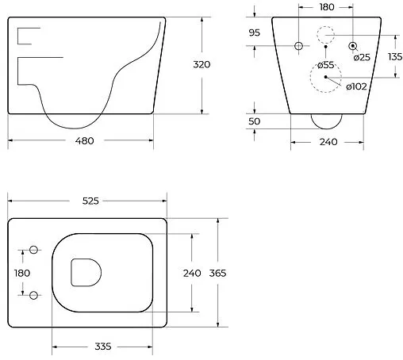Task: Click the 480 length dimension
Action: tap(85, 140)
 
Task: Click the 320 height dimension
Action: tap(201, 64)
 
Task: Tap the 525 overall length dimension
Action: tap(90, 201)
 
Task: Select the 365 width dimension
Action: tap(217, 273)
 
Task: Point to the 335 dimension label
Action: tap(103, 347)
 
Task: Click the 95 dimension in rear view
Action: tap(255, 33)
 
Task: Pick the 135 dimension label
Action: tap(395, 56)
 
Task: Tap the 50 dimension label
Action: tap(255, 121)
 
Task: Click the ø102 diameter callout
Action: tap(356, 86)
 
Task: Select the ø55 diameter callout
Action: tap(325, 65)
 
